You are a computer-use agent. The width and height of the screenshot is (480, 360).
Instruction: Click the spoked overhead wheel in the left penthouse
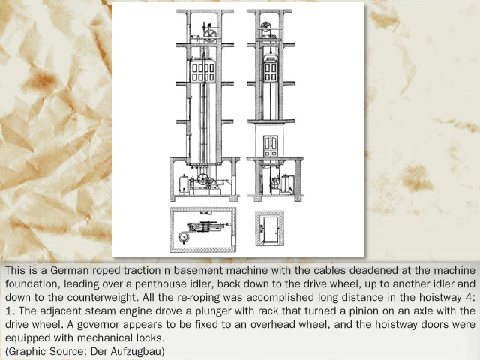(210, 36)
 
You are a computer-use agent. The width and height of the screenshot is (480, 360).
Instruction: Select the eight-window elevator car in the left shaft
(202, 71)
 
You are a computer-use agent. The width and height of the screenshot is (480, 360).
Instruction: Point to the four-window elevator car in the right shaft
(271, 70)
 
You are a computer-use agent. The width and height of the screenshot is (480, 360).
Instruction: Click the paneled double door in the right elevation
(271, 146)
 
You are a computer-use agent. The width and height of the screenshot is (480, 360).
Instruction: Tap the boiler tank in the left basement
(184, 184)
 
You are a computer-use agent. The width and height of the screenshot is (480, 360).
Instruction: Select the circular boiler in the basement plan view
(184, 237)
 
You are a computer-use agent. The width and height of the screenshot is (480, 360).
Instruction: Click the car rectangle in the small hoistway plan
(271, 229)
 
